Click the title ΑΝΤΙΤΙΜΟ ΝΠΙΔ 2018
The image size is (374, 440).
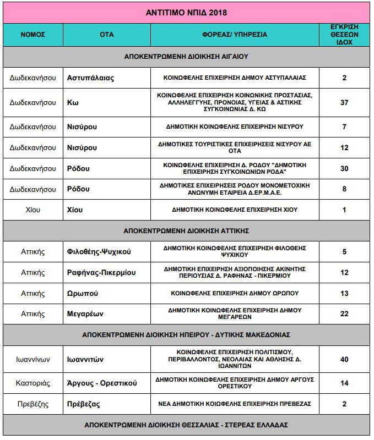[186, 12]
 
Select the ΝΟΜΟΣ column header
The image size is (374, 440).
[32, 34]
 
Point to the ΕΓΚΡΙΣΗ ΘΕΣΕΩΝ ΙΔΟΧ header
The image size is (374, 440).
[344, 34]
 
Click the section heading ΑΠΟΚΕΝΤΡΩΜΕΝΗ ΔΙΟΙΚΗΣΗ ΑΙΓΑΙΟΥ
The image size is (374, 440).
[186, 56]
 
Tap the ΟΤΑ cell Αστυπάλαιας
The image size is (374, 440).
[90, 78]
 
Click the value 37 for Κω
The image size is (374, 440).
[344, 102]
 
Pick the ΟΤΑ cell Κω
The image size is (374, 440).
[72, 102]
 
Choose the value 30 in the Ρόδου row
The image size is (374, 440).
[344, 168]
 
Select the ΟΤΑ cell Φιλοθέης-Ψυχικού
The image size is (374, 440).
[99, 252]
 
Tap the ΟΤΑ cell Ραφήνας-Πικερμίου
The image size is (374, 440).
[101, 272]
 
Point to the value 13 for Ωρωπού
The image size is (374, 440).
[344, 293]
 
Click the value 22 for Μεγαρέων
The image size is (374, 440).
[344, 313]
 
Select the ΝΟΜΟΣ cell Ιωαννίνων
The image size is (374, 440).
[32, 359]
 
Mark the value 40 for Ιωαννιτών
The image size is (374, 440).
[344, 359]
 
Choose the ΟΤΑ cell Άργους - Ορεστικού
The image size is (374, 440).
[102, 383]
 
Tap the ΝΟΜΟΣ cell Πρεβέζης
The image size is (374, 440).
[32, 404]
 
